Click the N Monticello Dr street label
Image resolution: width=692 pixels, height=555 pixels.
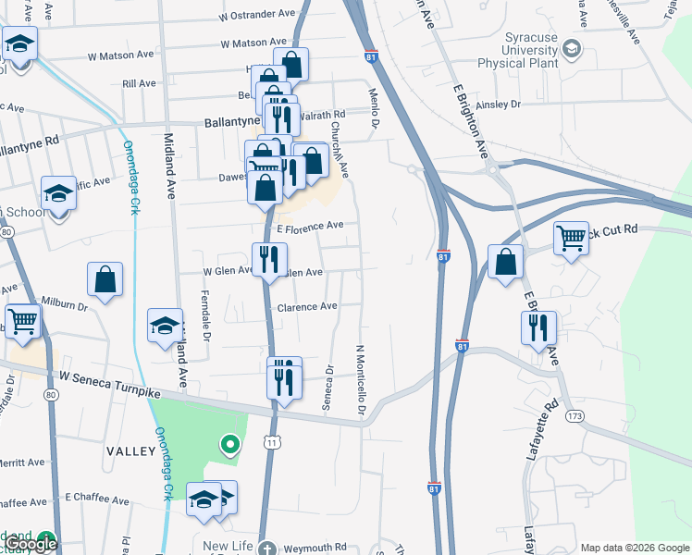[360, 379]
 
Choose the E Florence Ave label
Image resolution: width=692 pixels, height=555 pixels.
[310, 225]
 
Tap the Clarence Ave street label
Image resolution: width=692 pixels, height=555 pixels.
[307, 307]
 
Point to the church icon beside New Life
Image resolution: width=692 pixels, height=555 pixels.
[266, 548]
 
